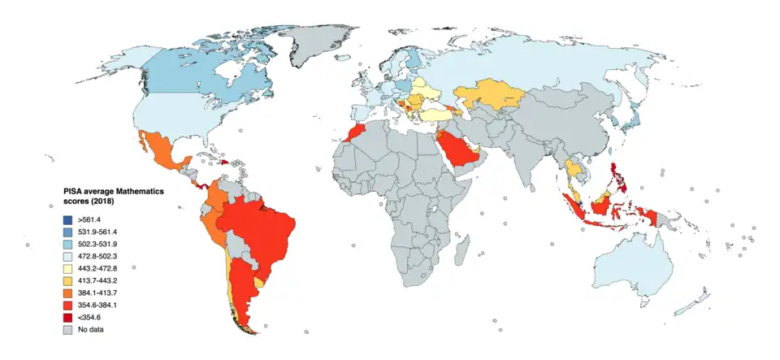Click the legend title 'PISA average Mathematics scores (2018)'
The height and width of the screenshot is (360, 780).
(114, 194)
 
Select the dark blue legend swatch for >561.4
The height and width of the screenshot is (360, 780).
(68, 219)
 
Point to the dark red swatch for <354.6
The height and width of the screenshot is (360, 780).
(68, 317)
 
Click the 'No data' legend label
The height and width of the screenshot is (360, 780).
(90, 329)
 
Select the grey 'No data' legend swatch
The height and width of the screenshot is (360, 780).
(68, 329)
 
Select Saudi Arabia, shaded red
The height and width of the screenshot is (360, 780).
(457, 154)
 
